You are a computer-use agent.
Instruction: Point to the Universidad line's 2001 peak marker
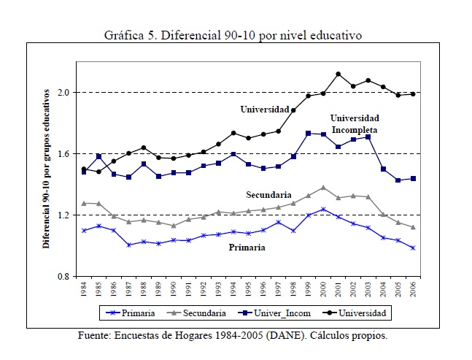click(338, 74)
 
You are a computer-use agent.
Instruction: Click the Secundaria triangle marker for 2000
click(323, 188)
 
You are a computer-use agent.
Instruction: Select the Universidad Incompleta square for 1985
click(99, 156)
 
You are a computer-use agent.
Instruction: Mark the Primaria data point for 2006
click(412, 248)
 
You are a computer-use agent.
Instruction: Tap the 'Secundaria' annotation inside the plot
click(268, 195)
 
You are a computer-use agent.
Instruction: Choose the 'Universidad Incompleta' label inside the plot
click(355, 122)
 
